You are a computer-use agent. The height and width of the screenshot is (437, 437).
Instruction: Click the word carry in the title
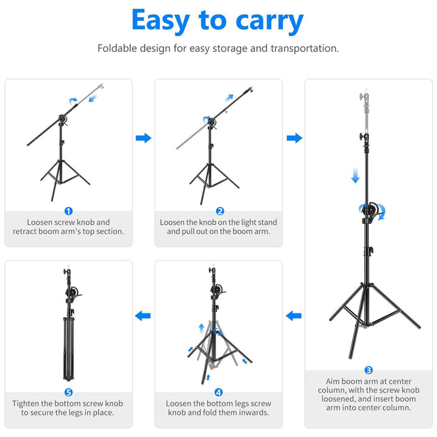point(269,21)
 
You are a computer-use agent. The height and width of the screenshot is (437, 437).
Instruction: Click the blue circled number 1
point(69,211)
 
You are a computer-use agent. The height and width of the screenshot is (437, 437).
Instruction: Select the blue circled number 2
point(220,211)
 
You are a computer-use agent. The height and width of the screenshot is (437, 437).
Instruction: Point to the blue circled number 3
point(368,370)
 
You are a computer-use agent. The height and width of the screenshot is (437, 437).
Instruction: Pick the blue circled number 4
point(219,392)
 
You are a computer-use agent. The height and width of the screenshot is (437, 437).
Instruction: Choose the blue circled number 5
point(69,392)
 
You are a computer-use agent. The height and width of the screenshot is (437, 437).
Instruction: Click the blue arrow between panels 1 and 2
point(143,138)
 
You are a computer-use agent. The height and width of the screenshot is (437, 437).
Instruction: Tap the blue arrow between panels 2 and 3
point(294,138)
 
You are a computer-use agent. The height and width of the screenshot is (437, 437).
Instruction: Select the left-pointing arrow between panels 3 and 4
point(294,316)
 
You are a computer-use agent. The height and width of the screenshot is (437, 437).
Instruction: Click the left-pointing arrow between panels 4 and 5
point(143,316)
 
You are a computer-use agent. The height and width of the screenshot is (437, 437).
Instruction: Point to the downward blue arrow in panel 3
point(355,176)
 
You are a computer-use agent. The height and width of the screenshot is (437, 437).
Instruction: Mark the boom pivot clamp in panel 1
point(63,120)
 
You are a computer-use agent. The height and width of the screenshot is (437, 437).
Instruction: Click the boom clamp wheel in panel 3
point(371,210)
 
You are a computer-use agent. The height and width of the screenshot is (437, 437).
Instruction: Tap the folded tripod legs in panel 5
point(69,349)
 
